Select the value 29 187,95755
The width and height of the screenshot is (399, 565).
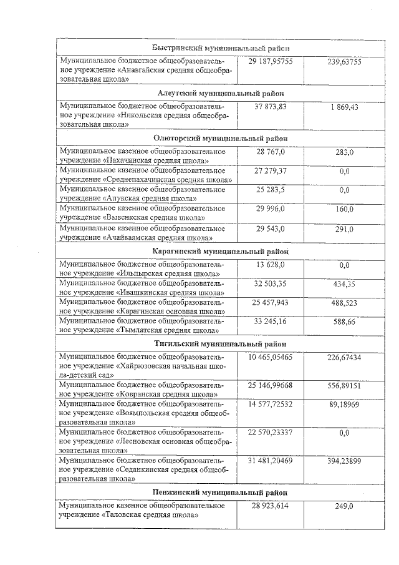coord(270,62)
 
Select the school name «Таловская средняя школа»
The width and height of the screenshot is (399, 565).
coord(149,515)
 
